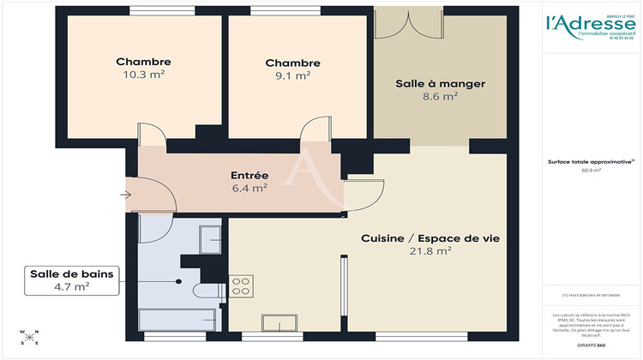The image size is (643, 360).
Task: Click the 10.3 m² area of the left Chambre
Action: (144, 75)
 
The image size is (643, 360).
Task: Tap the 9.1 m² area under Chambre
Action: (293, 76)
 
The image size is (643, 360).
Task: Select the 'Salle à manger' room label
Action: (440, 84)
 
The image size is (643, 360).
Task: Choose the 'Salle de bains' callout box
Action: (71, 280)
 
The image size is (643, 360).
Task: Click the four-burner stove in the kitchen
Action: (241, 285)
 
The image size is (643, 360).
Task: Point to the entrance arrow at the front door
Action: (126, 195)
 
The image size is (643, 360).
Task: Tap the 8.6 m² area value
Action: (440, 97)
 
